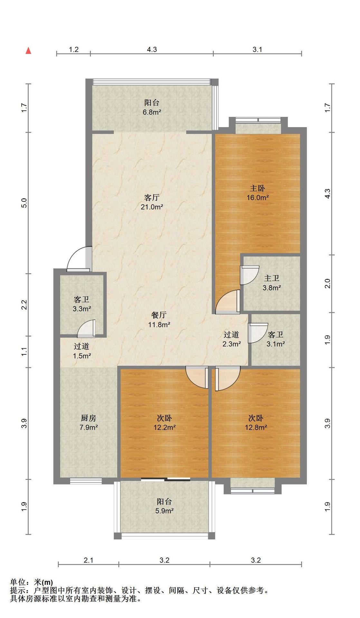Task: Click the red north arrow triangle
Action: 28,51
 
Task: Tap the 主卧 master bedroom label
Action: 258,188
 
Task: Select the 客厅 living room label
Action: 152,197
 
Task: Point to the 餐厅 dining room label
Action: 159,315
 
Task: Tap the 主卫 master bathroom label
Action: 271,278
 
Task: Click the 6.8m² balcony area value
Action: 152,112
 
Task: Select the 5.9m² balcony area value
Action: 165,510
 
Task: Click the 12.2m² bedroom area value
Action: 165,427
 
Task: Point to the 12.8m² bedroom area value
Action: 256,427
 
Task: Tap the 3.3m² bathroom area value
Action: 82,309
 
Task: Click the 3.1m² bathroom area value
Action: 276,344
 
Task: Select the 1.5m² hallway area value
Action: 82,356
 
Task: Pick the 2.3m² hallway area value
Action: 232,344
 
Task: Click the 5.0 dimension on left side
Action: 24,203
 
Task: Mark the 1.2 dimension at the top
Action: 74,50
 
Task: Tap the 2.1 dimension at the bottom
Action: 89,560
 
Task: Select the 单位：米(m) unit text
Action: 31,582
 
